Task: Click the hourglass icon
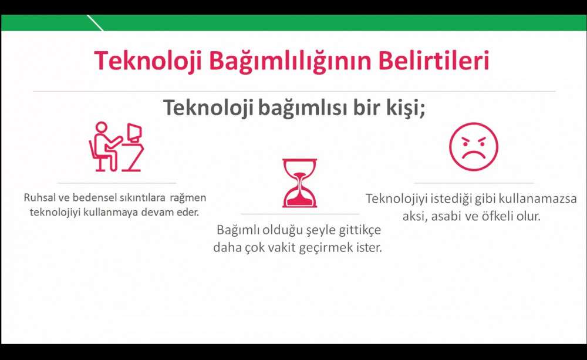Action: [299, 183]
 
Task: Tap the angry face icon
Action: [474, 146]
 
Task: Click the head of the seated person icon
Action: [101, 127]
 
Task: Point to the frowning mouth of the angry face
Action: [474, 154]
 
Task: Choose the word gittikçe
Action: [360, 230]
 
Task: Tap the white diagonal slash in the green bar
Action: [95, 22]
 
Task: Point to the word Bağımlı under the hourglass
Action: [238, 230]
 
